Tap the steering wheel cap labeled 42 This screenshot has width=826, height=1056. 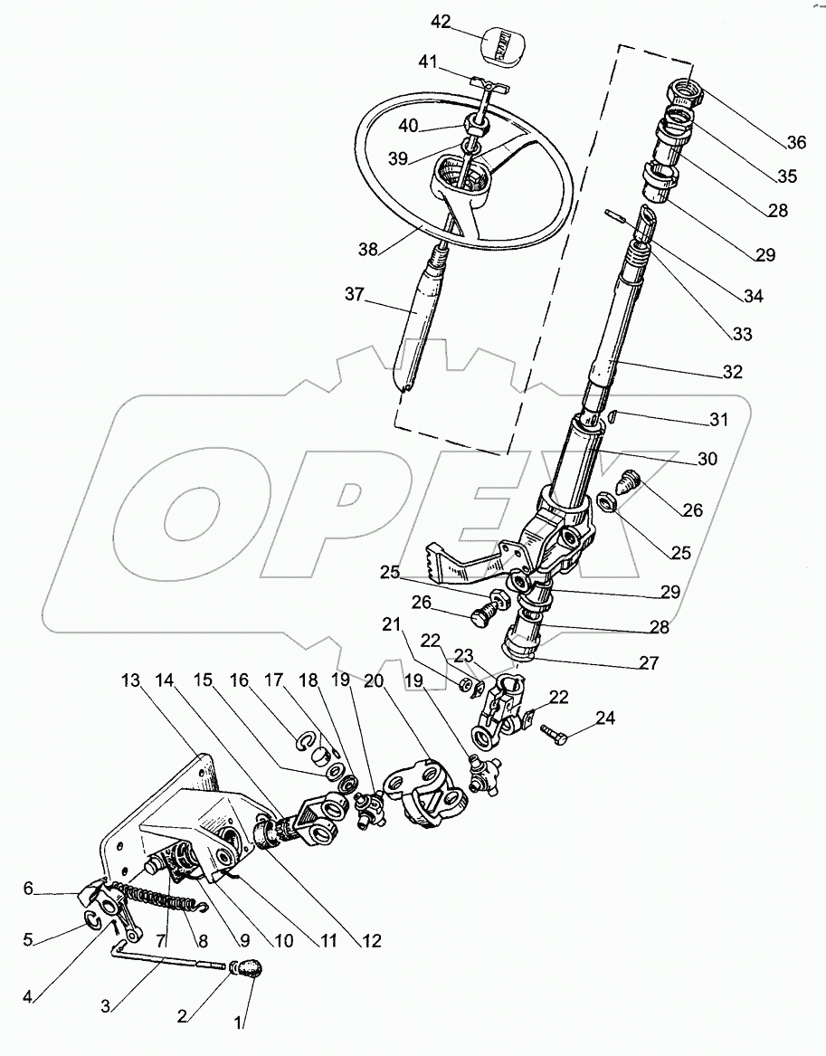(503, 43)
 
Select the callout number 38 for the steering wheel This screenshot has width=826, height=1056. (366, 247)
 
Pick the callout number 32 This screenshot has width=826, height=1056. (732, 372)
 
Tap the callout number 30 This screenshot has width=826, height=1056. (707, 460)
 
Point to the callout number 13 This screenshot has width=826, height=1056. (130, 680)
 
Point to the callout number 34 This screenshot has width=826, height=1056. (752, 296)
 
